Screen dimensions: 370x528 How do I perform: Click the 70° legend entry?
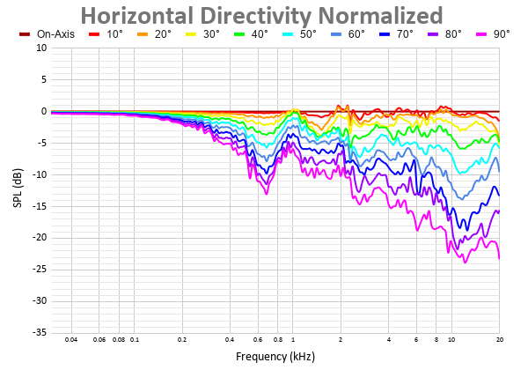tap(401, 33)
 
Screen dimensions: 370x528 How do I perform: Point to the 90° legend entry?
tap(497, 33)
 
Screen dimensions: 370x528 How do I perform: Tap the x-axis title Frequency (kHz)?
tap(275, 357)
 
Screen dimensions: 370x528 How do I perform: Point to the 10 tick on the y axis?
tap(41, 48)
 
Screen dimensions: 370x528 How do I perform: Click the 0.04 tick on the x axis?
tap(71, 340)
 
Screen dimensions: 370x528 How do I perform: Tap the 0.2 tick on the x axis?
tap(182, 340)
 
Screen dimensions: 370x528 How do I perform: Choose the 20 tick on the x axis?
tap(499, 340)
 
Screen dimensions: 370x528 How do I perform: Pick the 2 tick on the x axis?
tap(341, 340)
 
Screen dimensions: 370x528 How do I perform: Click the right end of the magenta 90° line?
tap(499, 258)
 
